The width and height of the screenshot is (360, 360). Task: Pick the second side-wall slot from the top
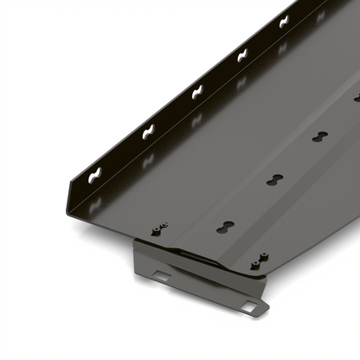coord(242,56)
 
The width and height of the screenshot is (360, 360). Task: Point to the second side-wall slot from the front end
coord(148,134)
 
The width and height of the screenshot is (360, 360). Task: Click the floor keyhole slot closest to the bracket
coord(225,223)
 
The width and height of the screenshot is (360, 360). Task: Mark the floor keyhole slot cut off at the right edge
coord(356,98)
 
